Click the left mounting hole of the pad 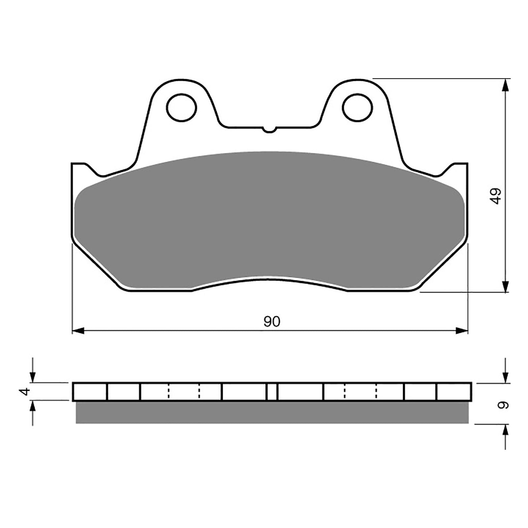(x=181, y=107)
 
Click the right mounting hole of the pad (x=357, y=107)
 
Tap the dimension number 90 (x=272, y=321)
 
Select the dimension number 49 (x=496, y=196)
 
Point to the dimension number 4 (x=25, y=392)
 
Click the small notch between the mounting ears (x=270, y=129)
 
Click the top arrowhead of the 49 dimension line (x=505, y=85)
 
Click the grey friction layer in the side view (x=272, y=412)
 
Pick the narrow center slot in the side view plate (x=272, y=392)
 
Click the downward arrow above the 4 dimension (x=32, y=376)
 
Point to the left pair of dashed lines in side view (x=184, y=392)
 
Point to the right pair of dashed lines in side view (x=360, y=392)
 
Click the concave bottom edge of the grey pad (x=269, y=278)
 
